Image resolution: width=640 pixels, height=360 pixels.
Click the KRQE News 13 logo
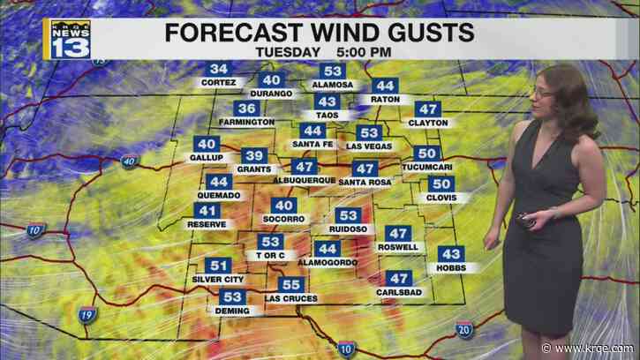tap(70, 38)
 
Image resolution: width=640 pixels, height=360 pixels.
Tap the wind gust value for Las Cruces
tap(290, 284)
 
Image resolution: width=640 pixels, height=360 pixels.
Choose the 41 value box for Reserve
tap(207, 210)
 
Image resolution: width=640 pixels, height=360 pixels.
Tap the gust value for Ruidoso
tap(349, 215)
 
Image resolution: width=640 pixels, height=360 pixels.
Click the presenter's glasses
tap(543, 88)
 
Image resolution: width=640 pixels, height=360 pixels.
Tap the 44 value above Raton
tap(384, 86)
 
